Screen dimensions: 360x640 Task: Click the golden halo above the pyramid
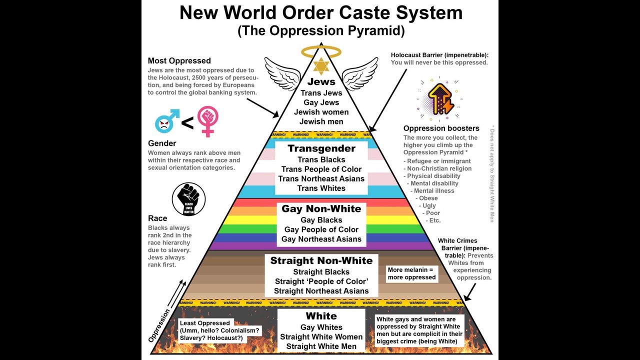[x=321, y=51]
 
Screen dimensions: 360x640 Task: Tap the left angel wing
[x=282, y=73]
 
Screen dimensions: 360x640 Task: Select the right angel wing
[x=360, y=73]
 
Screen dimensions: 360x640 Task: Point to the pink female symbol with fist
[x=207, y=120]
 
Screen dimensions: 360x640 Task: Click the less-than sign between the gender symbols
[x=187, y=122]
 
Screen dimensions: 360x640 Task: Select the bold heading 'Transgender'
[x=321, y=148]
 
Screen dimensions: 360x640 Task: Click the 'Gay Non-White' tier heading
[x=321, y=209]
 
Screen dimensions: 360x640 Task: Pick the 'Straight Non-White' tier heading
[x=321, y=260]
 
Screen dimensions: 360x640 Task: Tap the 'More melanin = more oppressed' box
[x=412, y=273]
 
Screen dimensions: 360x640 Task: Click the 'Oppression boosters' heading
[x=441, y=128]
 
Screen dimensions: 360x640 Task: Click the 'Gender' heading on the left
[x=162, y=143]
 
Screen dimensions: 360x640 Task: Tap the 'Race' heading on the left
[x=157, y=218]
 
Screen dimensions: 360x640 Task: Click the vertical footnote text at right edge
[x=492, y=172]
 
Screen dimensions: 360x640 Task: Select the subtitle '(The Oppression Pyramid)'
[x=321, y=30]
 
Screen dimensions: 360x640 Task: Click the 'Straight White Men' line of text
[x=321, y=346]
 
